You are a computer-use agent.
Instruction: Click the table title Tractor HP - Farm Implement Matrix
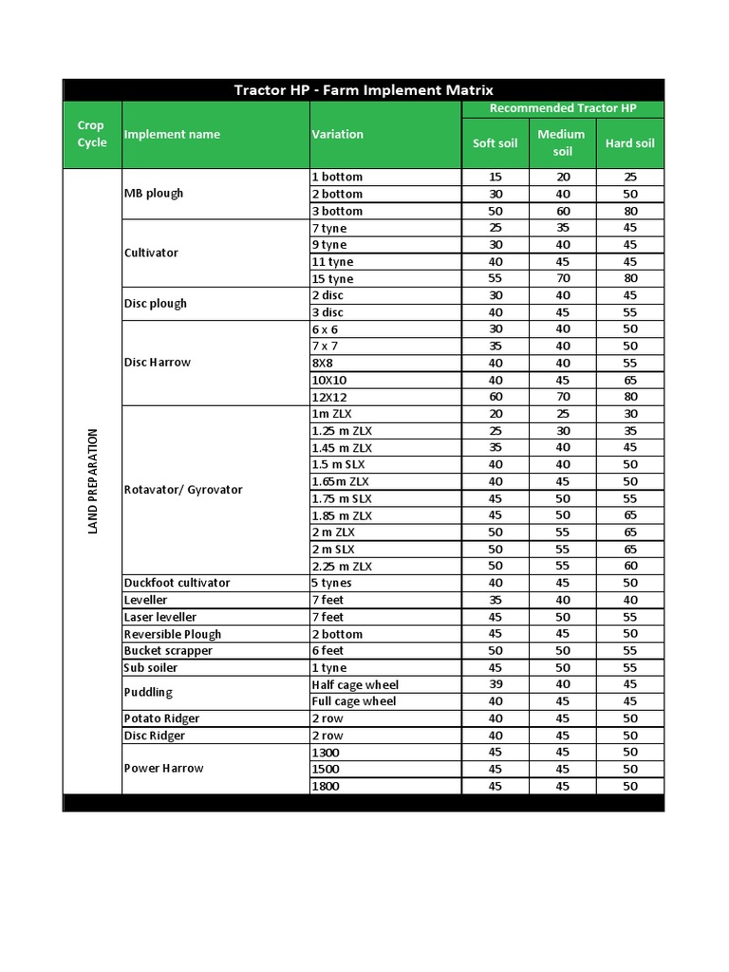coord(364,90)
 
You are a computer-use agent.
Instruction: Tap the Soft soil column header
coord(495,143)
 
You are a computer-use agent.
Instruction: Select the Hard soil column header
coord(630,143)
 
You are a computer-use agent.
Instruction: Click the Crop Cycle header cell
coord(92,134)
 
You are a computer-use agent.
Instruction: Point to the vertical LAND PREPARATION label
coord(93,481)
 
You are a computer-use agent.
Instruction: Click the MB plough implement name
coord(154,194)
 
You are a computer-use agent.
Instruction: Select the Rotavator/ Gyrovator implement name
coord(183,490)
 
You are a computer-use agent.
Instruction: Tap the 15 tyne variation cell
coord(332,279)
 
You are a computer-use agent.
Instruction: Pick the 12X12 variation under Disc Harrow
coord(329,397)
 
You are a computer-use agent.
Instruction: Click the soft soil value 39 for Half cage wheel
coord(495,684)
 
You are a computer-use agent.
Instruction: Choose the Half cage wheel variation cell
coord(355,684)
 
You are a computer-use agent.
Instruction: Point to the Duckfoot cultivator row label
coord(177,583)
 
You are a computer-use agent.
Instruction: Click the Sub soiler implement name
coord(150,667)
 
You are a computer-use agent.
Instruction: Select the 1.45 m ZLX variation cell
coord(342,448)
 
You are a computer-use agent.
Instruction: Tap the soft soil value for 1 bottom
coord(495,178)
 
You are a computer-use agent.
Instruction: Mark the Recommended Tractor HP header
coord(563,108)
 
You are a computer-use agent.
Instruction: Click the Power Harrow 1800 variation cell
coord(326,786)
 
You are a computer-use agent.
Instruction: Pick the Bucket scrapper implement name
coord(168,651)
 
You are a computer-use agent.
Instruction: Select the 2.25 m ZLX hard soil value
coord(630,567)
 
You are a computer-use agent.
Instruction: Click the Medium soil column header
coord(561,143)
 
